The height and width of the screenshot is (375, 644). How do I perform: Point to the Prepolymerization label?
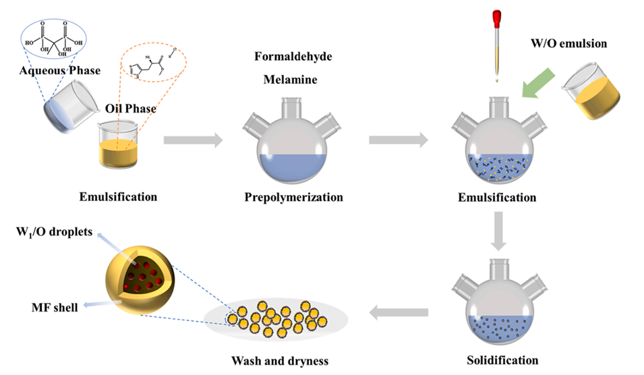[x=293, y=198]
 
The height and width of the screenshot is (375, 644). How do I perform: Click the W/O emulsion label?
[x=575, y=44]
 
